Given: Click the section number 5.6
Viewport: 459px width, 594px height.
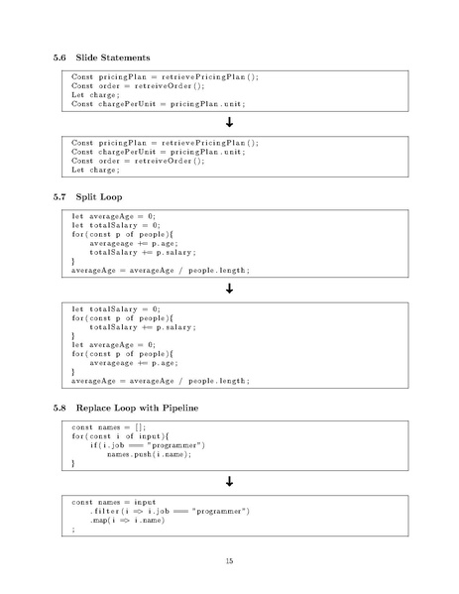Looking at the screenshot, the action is pos(59,58).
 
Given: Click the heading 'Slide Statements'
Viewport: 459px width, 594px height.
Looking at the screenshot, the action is pos(113,58).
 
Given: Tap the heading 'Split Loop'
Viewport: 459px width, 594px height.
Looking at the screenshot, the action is pos(99,197).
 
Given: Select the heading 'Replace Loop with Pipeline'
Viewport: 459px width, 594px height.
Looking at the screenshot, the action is pos(137,408).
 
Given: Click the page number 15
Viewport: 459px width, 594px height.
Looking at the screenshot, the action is pos(230,561).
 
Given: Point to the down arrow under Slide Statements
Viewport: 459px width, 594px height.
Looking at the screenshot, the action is pos(230,122).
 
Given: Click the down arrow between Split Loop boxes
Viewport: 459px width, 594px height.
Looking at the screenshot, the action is pos(230,289).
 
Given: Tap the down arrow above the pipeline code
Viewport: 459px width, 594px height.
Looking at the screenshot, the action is pos(230,482).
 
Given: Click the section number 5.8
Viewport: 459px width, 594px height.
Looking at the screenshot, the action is pos(59,408).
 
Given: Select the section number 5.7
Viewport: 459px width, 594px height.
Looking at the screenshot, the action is pos(59,197).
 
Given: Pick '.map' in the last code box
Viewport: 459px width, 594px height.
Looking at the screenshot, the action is pos(98,521).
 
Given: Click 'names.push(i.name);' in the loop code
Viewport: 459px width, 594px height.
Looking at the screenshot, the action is pos(150,454).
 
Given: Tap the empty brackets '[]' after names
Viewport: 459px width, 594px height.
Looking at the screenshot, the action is pos(139,427).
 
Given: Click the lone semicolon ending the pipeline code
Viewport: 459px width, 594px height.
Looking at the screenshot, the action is pos(73,530).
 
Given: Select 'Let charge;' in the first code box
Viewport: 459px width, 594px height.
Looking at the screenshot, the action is pos(95,95).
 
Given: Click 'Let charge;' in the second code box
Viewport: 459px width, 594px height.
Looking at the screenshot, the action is pos(95,171).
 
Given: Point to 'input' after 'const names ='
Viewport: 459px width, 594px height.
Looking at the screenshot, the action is pos(145,503).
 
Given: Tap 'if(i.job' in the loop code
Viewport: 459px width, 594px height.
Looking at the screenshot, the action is pos(107,445).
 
